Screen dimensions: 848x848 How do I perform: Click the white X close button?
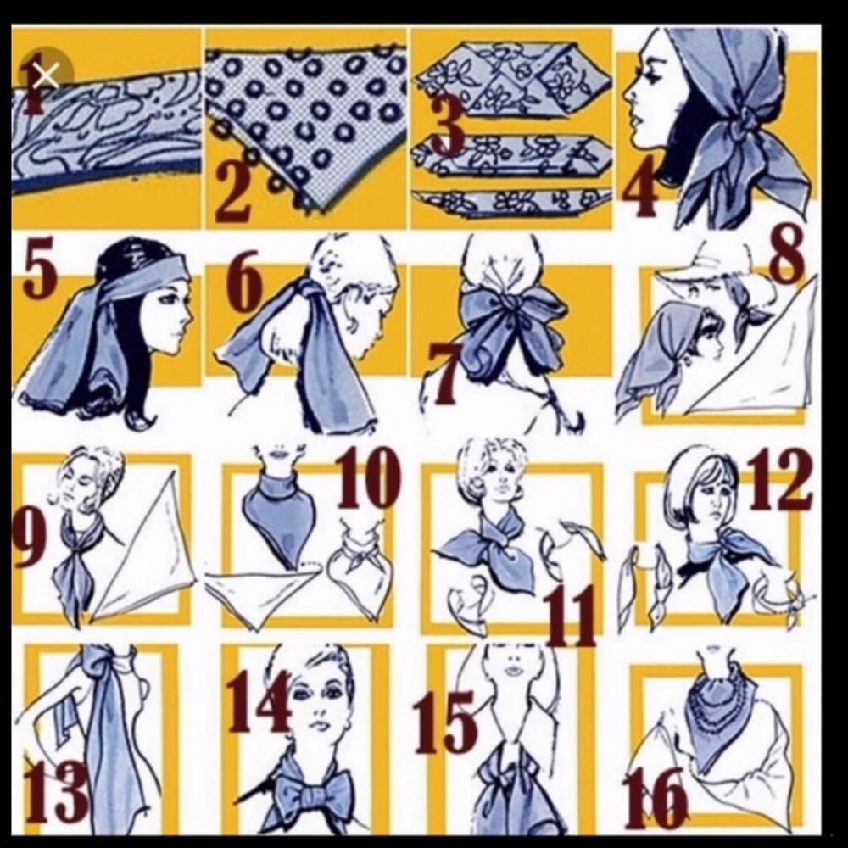(x=46, y=75)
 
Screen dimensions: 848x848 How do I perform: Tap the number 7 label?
(x=444, y=375)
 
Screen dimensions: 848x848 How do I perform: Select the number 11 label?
(x=570, y=616)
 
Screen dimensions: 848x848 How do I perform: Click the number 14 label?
(x=258, y=704)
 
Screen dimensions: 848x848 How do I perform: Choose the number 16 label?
(x=655, y=800)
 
